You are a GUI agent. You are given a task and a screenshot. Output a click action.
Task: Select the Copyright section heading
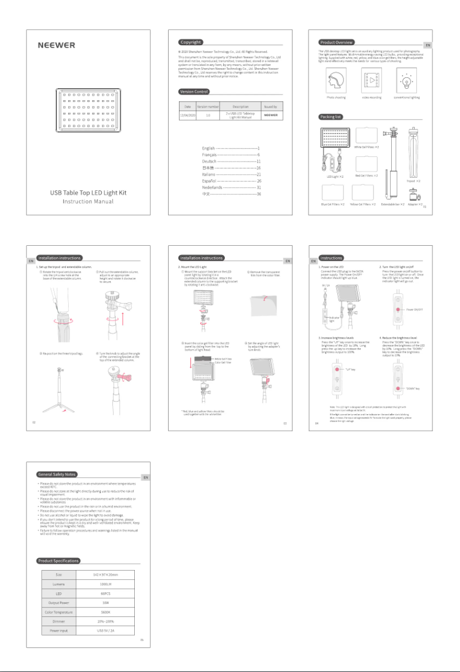coord(190,42)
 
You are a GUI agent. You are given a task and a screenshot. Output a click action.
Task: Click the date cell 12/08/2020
coord(188,115)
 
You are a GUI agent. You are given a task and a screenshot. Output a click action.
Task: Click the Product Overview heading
coord(337,42)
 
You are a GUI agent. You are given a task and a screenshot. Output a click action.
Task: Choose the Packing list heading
coord(331,116)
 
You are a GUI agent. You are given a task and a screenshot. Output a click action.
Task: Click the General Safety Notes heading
coord(57,474)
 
